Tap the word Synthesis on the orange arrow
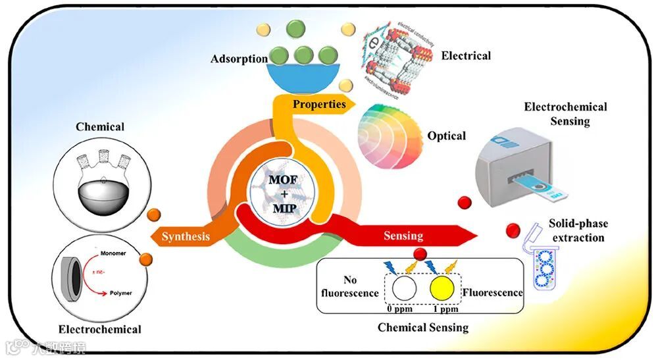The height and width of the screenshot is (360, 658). click(187, 236)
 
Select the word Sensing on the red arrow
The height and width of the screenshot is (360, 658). click(403, 236)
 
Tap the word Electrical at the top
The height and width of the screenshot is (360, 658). click(466, 56)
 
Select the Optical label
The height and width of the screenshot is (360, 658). click(447, 136)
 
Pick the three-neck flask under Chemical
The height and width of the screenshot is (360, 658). click(99, 178)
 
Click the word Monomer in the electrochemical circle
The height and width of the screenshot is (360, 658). click(114, 253)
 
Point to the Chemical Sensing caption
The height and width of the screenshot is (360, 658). click(422, 327)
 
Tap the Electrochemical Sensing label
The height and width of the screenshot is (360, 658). click(565, 114)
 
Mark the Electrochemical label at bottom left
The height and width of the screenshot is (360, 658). click(99, 328)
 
